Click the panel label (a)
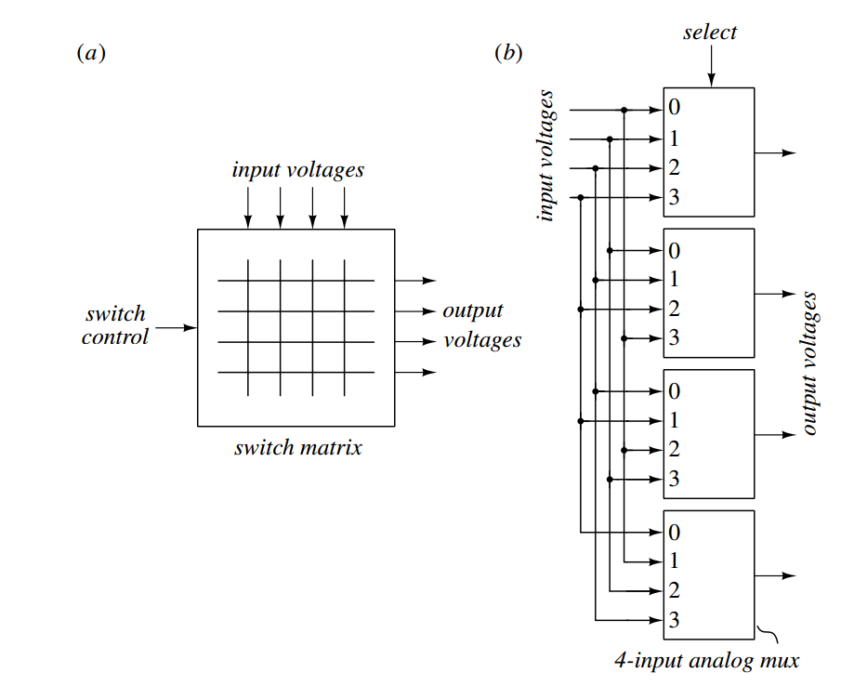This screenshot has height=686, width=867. pos(90,53)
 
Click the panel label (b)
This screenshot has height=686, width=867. pos(508,53)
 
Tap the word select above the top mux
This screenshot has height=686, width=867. pos(709,33)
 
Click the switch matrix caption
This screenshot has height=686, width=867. pos(297,448)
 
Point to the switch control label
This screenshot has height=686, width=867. pos(114,326)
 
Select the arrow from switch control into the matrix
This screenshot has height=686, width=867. pos(177,327)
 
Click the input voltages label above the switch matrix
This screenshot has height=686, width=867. pos(297,170)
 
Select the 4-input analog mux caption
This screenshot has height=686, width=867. pos(706,662)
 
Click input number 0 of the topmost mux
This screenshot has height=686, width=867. pos(675,109)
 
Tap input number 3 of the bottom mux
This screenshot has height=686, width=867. pos(675,620)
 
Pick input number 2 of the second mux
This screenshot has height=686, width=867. pos(675,309)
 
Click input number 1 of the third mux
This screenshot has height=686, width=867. pos(675,420)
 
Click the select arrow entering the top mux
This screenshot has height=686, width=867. pos(711,69)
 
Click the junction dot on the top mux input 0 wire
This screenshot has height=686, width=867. pos(624,110)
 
